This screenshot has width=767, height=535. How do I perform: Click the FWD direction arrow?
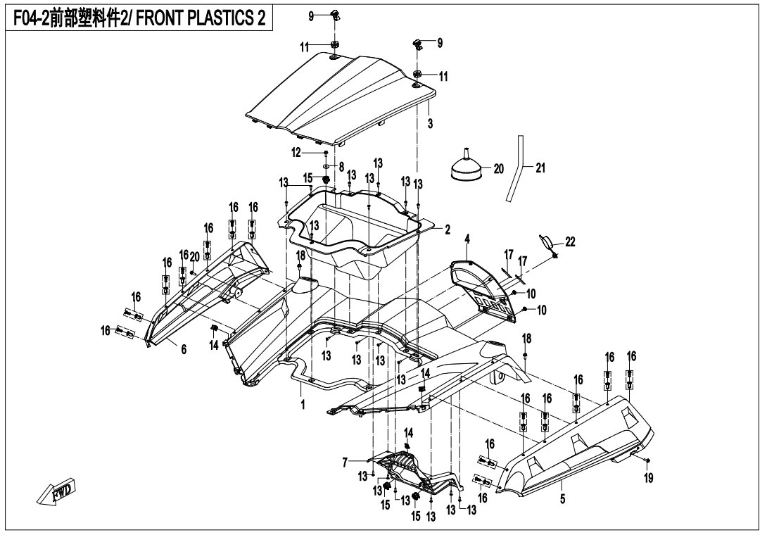click(57, 491)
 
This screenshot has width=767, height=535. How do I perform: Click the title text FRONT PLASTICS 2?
click(201, 18)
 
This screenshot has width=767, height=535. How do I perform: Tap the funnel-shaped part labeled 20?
click(466, 164)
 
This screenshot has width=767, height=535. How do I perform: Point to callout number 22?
click(570, 241)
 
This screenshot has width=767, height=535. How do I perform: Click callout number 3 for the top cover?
click(430, 123)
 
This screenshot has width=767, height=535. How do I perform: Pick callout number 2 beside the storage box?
click(447, 229)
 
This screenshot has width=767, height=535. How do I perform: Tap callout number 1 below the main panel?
click(303, 405)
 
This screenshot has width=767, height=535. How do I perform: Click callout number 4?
click(467, 239)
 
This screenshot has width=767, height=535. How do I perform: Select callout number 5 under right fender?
click(562, 499)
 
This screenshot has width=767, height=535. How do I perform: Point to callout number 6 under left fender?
click(184, 349)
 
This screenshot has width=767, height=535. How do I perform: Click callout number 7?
click(345, 462)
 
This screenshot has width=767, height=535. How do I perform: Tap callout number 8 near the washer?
click(341, 167)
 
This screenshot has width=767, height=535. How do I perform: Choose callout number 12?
click(296, 153)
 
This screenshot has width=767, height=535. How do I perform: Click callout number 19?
click(648, 477)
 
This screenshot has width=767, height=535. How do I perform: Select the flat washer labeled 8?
click(326, 166)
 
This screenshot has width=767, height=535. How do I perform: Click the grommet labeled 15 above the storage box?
click(323, 180)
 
